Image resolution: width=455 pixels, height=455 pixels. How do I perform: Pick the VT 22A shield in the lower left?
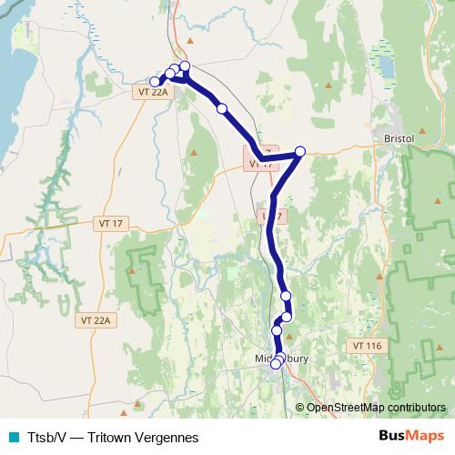pos(94,319)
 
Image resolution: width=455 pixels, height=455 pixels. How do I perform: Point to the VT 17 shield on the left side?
pos(108,223)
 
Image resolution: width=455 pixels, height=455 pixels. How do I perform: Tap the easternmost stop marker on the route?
pos(300,152)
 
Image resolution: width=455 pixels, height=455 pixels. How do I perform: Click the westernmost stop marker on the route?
pos(156,82)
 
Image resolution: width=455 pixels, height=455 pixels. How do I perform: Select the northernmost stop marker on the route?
pos(185,66)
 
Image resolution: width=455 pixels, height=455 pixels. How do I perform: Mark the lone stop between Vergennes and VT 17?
pos(222,108)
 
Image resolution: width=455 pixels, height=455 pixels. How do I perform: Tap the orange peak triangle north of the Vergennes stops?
pos(189,42)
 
